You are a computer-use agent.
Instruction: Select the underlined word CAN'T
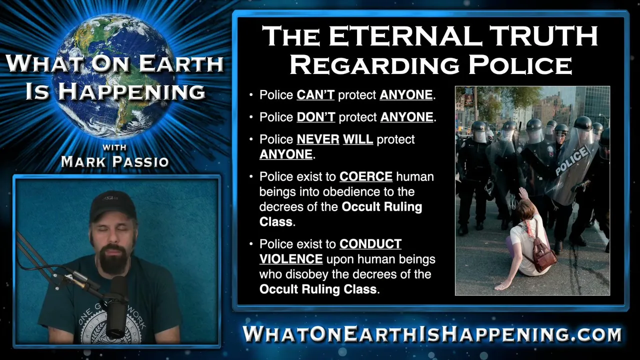[x=315, y=95]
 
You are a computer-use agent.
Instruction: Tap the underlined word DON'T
[x=315, y=117]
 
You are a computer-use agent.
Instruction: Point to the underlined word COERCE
[x=366, y=176]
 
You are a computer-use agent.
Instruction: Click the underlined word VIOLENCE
[x=291, y=259]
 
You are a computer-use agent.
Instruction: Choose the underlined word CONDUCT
[x=370, y=244]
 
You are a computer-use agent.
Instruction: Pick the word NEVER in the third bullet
[x=318, y=139]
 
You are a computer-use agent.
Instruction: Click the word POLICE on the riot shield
[x=571, y=160]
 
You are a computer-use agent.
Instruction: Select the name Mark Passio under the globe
[x=115, y=161]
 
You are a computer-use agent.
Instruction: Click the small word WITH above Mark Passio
[x=114, y=147]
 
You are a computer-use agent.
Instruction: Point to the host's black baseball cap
[x=112, y=205]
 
